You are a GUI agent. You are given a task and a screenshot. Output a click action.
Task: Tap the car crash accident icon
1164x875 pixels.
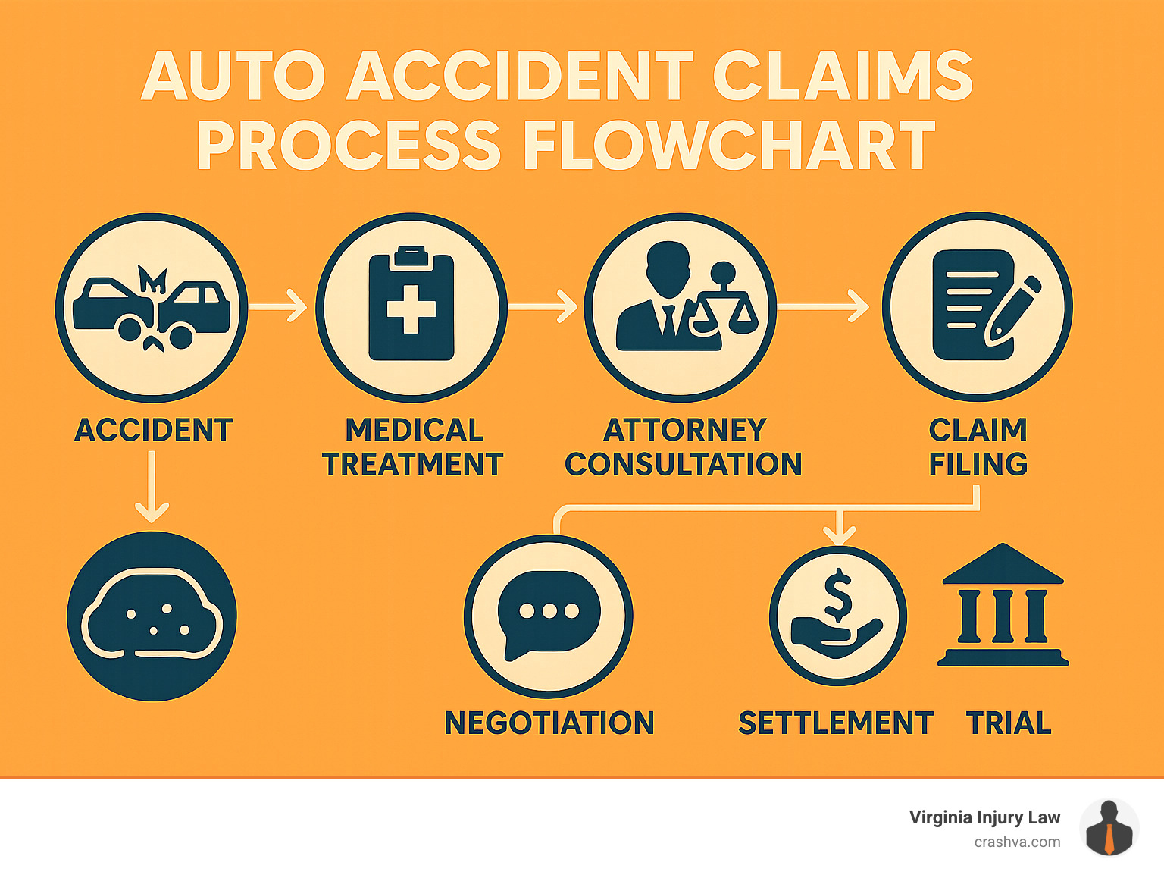152,307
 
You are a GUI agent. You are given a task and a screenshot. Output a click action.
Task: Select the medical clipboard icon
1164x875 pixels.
411,307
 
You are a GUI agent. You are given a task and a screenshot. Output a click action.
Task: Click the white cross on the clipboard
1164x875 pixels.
411,309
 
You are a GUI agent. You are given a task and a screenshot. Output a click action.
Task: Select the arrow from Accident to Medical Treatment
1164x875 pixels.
278,307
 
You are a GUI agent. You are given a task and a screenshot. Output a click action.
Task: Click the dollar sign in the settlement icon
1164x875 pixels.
837,594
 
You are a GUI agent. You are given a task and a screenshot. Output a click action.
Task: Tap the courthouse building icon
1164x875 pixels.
1003,607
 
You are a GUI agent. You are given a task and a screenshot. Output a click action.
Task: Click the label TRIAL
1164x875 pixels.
1009,723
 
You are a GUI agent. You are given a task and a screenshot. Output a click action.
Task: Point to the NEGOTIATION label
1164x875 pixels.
549,723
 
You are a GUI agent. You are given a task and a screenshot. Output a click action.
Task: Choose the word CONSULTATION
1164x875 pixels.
683,464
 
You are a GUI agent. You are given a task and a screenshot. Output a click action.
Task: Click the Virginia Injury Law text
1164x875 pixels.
984,817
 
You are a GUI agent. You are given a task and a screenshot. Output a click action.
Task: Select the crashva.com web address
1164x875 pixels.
1017,842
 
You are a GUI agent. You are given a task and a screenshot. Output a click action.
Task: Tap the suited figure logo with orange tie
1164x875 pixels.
1109,828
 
